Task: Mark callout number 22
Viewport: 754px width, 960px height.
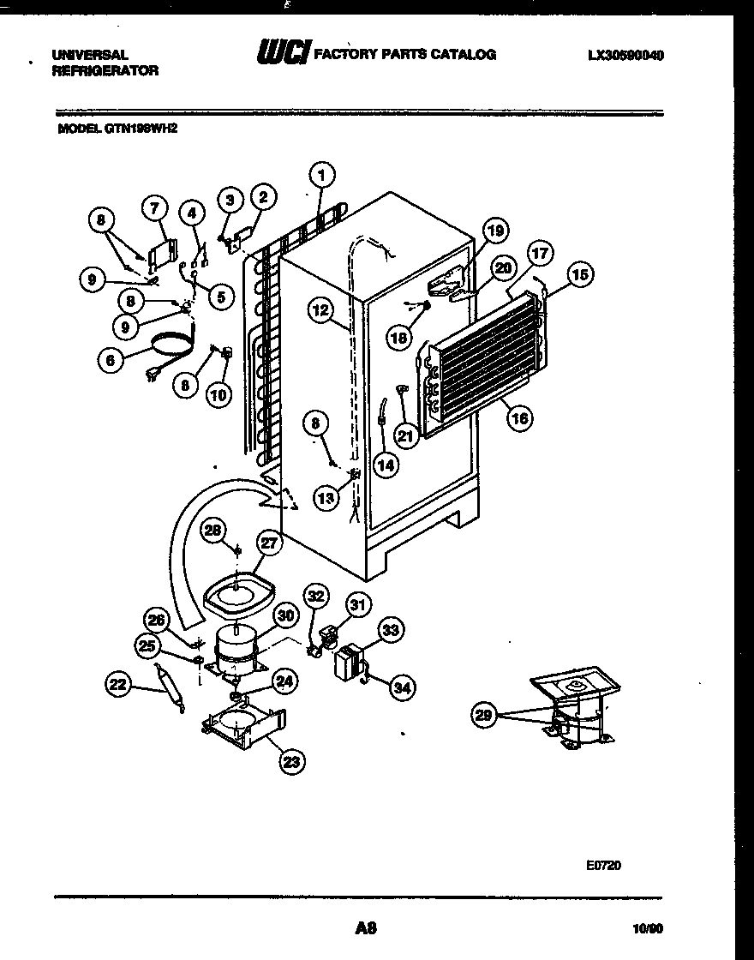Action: click(x=119, y=683)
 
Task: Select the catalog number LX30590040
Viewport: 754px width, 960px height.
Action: click(x=626, y=55)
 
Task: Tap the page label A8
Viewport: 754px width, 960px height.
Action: click(x=366, y=927)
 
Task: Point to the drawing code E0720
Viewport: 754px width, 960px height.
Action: click(x=603, y=866)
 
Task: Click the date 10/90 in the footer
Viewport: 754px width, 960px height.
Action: click(x=649, y=927)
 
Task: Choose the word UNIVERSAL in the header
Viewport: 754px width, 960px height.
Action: click(x=90, y=54)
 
